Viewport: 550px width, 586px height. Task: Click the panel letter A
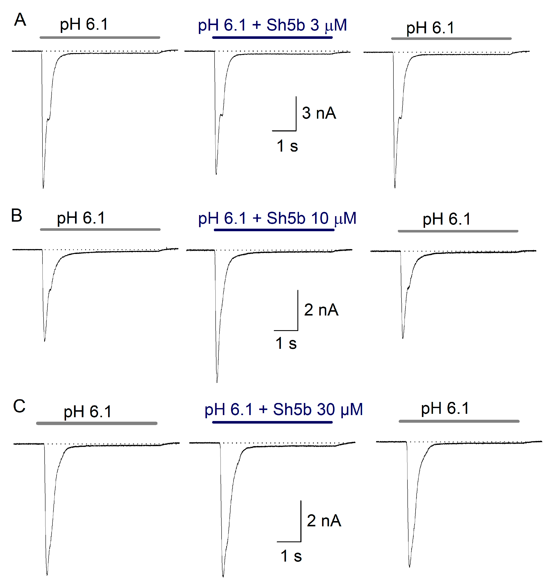tap(20, 20)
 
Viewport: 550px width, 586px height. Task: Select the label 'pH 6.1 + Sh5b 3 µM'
tap(272, 25)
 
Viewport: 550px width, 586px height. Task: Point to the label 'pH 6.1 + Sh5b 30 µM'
tap(283, 409)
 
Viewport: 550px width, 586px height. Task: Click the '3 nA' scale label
tap(319, 113)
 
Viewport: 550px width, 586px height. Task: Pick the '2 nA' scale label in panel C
tap(324, 521)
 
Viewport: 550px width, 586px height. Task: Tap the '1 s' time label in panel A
tap(287, 146)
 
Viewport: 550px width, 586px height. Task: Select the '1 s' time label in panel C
tap(291, 556)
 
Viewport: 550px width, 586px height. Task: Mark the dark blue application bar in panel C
tap(272, 422)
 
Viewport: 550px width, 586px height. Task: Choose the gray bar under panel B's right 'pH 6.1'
tap(458, 231)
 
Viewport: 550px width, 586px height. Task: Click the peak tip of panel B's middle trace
tap(217, 382)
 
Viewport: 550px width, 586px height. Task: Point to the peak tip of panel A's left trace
tap(43, 188)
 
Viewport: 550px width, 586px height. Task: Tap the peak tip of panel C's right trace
tap(410, 566)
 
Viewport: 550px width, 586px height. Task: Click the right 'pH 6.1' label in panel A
tap(430, 28)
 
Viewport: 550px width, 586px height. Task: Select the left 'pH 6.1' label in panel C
tap(88, 412)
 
